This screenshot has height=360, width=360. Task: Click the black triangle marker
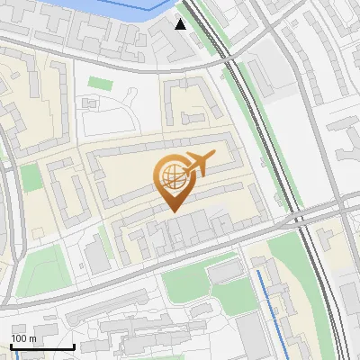click(181, 24)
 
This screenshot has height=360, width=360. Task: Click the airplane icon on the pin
click(200, 163)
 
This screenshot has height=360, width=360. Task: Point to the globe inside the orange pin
click(172, 175)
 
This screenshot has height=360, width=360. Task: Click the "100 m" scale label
click(23, 338)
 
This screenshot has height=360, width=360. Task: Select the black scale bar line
click(42, 346)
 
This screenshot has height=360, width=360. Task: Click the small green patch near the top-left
click(99, 83)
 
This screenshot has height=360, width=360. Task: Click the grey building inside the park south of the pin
click(224, 271)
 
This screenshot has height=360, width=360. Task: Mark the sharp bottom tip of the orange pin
click(173, 211)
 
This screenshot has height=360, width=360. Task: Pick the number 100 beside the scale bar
click(19, 338)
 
